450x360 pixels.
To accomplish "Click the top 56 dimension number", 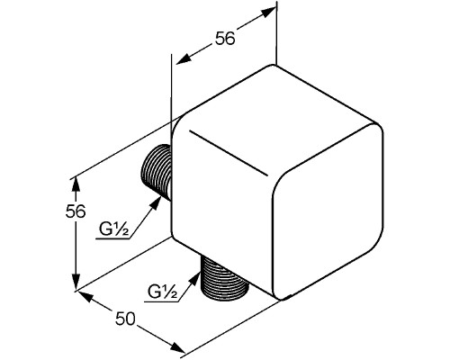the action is tap(225, 39).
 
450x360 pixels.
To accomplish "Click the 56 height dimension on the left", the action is tap(76, 211).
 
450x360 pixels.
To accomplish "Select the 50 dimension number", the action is tap(125, 319).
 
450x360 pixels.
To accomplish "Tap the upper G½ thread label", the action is tap(114, 230).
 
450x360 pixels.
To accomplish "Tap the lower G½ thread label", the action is tap(162, 292).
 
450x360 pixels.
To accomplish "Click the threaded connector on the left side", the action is tap(156, 172).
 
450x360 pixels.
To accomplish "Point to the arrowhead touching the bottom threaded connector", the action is tap(195, 277).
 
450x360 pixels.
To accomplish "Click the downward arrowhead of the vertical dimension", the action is tap(76, 283).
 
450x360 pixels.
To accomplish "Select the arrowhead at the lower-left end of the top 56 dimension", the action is tap(184, 58).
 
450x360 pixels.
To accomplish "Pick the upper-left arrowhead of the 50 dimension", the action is tap(85, 295).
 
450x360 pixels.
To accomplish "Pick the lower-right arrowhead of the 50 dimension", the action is tap(177, 348).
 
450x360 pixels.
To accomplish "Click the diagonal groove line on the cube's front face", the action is tap(229, 153).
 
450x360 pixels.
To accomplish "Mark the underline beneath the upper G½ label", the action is tap(112, 239).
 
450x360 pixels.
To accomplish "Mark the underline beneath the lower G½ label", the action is tap(161, 301).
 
